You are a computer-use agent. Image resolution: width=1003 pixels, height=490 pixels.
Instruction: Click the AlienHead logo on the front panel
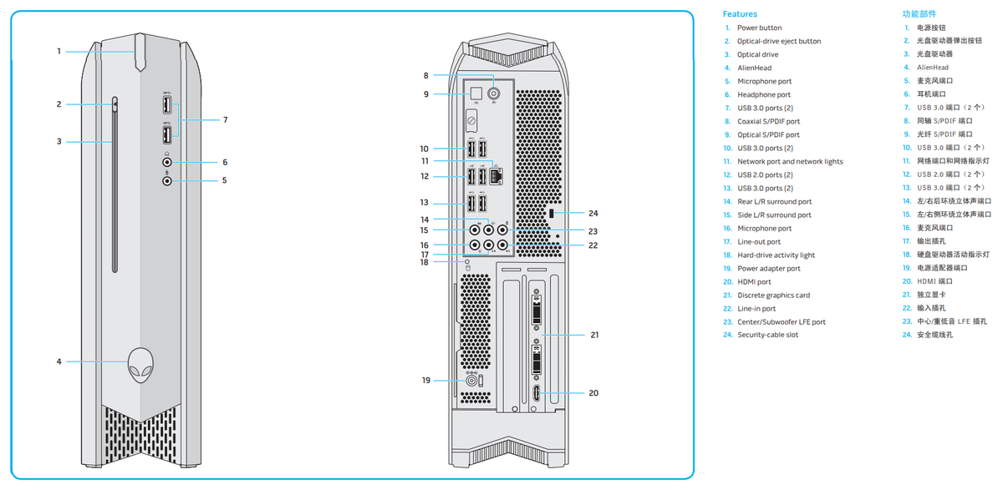click(x=140, y=366)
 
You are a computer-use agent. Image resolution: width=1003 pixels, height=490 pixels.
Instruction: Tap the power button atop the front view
click(x=140, y=52)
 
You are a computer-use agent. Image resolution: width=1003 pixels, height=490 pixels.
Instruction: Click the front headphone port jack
click(x=167, y=162)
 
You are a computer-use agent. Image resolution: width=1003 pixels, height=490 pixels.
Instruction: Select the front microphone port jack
click(x=167, y=180)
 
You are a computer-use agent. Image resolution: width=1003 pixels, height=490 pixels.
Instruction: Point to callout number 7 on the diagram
click(x=225, y=120)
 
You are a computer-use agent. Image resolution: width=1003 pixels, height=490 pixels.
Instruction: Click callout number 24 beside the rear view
click(x=593, y=213)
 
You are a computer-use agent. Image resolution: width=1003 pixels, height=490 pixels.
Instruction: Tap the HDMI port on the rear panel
click(x=536, y=393)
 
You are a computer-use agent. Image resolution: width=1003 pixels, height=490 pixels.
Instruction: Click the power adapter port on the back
click(x=471, y=381)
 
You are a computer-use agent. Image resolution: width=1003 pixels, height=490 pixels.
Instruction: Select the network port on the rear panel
click(x=496, y=175)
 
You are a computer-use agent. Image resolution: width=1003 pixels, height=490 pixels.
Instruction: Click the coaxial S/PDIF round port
click(x=494, y=93)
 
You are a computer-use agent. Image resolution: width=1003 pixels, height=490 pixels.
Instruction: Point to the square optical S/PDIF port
click(x=476, y=93)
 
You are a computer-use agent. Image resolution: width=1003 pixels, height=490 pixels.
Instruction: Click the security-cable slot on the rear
click(x=551, y=213)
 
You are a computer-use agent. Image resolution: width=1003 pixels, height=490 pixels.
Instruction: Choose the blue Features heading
click(x=740, y=14)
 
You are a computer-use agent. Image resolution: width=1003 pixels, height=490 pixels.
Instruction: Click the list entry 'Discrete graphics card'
click(x=773, y=295)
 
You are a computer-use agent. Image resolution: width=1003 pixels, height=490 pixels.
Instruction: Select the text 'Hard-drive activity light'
click(x=776, y=255)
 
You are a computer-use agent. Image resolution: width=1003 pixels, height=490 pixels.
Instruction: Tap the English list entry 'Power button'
click(x=760, y=28)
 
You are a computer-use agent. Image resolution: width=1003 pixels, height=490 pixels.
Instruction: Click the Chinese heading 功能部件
click(x=919, y=14)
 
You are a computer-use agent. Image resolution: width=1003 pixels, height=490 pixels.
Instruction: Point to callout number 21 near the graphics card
click(x=594, y=335)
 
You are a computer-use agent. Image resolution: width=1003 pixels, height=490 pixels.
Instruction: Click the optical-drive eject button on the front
click(x=115, y=105)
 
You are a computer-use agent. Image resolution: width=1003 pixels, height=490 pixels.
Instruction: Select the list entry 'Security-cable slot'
click(x=767, y=335)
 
